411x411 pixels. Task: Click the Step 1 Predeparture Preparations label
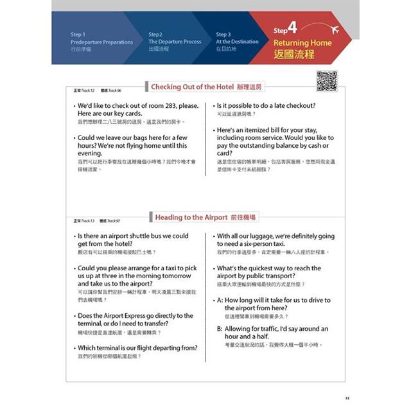point(101,42)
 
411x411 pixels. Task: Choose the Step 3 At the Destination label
point(237,42)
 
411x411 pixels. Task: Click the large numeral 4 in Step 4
point(292,28)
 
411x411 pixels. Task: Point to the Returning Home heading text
point(304,43)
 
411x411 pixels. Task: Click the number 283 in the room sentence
point(170,105)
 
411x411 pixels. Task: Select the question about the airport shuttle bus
point(133,240)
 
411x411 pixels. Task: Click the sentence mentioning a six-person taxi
point(275,240)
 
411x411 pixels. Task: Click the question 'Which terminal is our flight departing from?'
point(137,347)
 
